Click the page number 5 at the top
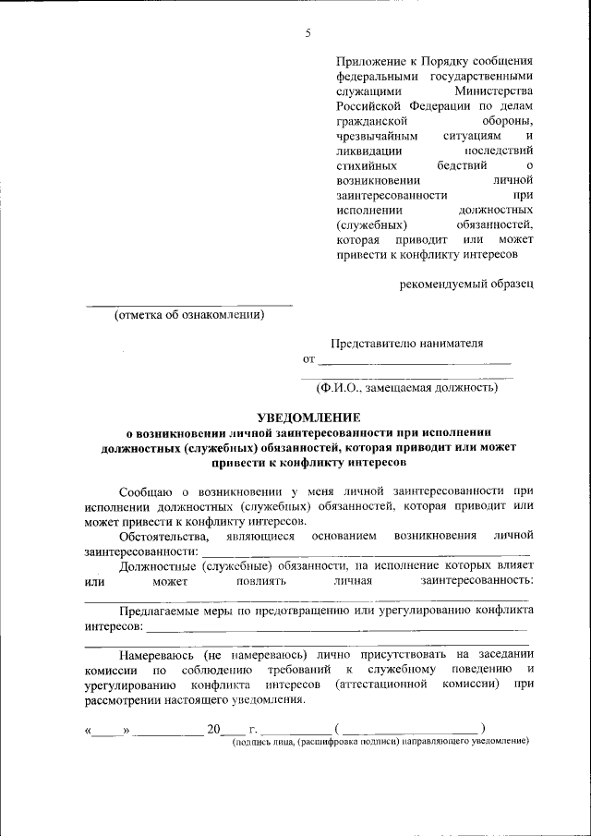(x=308, y=34)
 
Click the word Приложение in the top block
(x=369, y=60)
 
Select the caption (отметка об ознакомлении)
(x=189, y=316)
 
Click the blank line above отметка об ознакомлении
(x=189, y=305)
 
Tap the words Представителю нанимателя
(x=407, y=343)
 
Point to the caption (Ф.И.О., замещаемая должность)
(x=407, y=387)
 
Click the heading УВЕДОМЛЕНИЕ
(x=308, y=418)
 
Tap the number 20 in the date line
(x=214, y=729)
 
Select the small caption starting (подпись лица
(x=380, y=742)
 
